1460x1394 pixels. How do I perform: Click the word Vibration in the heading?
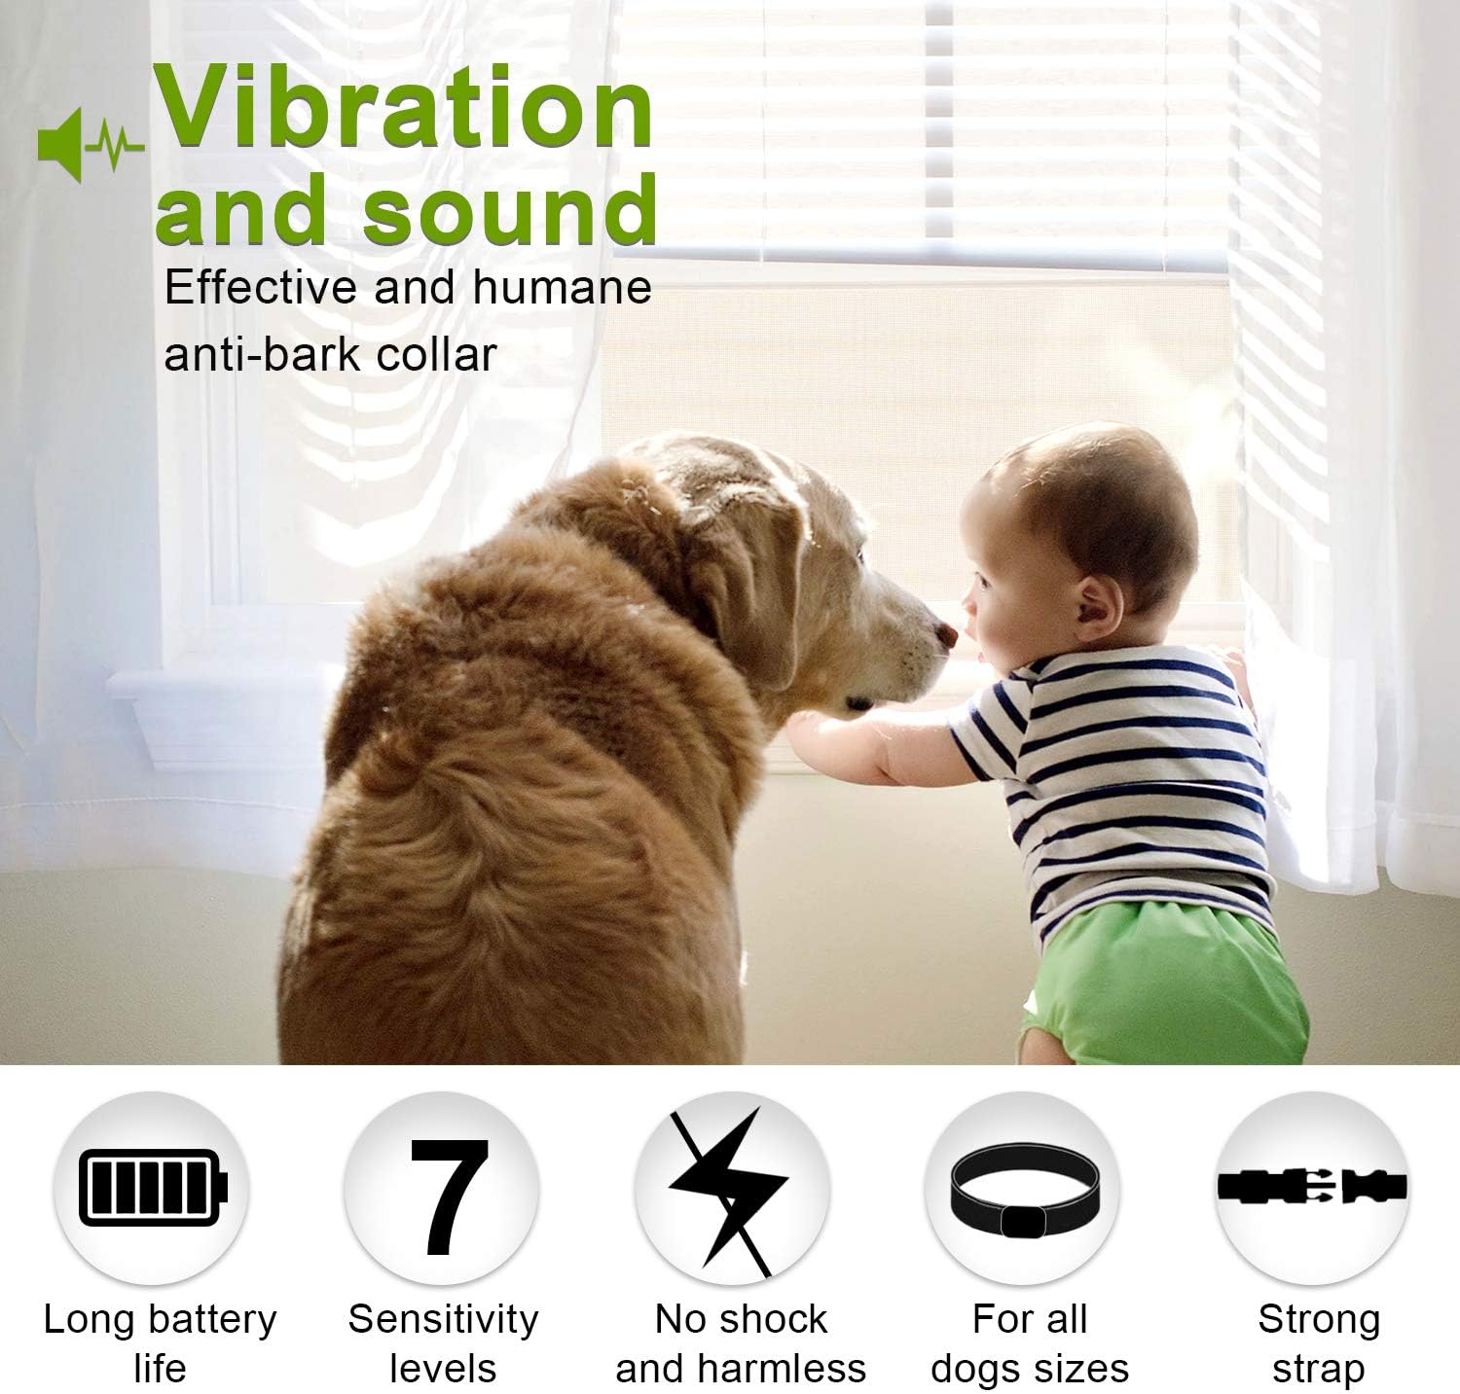coord(405,109)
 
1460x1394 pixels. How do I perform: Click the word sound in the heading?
coord(510,209)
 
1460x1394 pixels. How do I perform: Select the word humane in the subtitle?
coord(562,288)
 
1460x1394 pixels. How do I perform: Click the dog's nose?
coord(944,635)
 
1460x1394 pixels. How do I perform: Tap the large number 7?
coord(447,1196)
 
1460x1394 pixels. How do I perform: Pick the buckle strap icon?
coord(1312,1186)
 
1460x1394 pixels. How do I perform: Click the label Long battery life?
coord(160,1342)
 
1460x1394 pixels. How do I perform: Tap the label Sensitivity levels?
coord(443,1342)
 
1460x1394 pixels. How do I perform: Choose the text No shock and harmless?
coord(740,1342)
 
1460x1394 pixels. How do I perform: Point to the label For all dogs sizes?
coord(1030,1342)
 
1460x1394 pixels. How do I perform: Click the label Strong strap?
coord(1318,1342)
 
